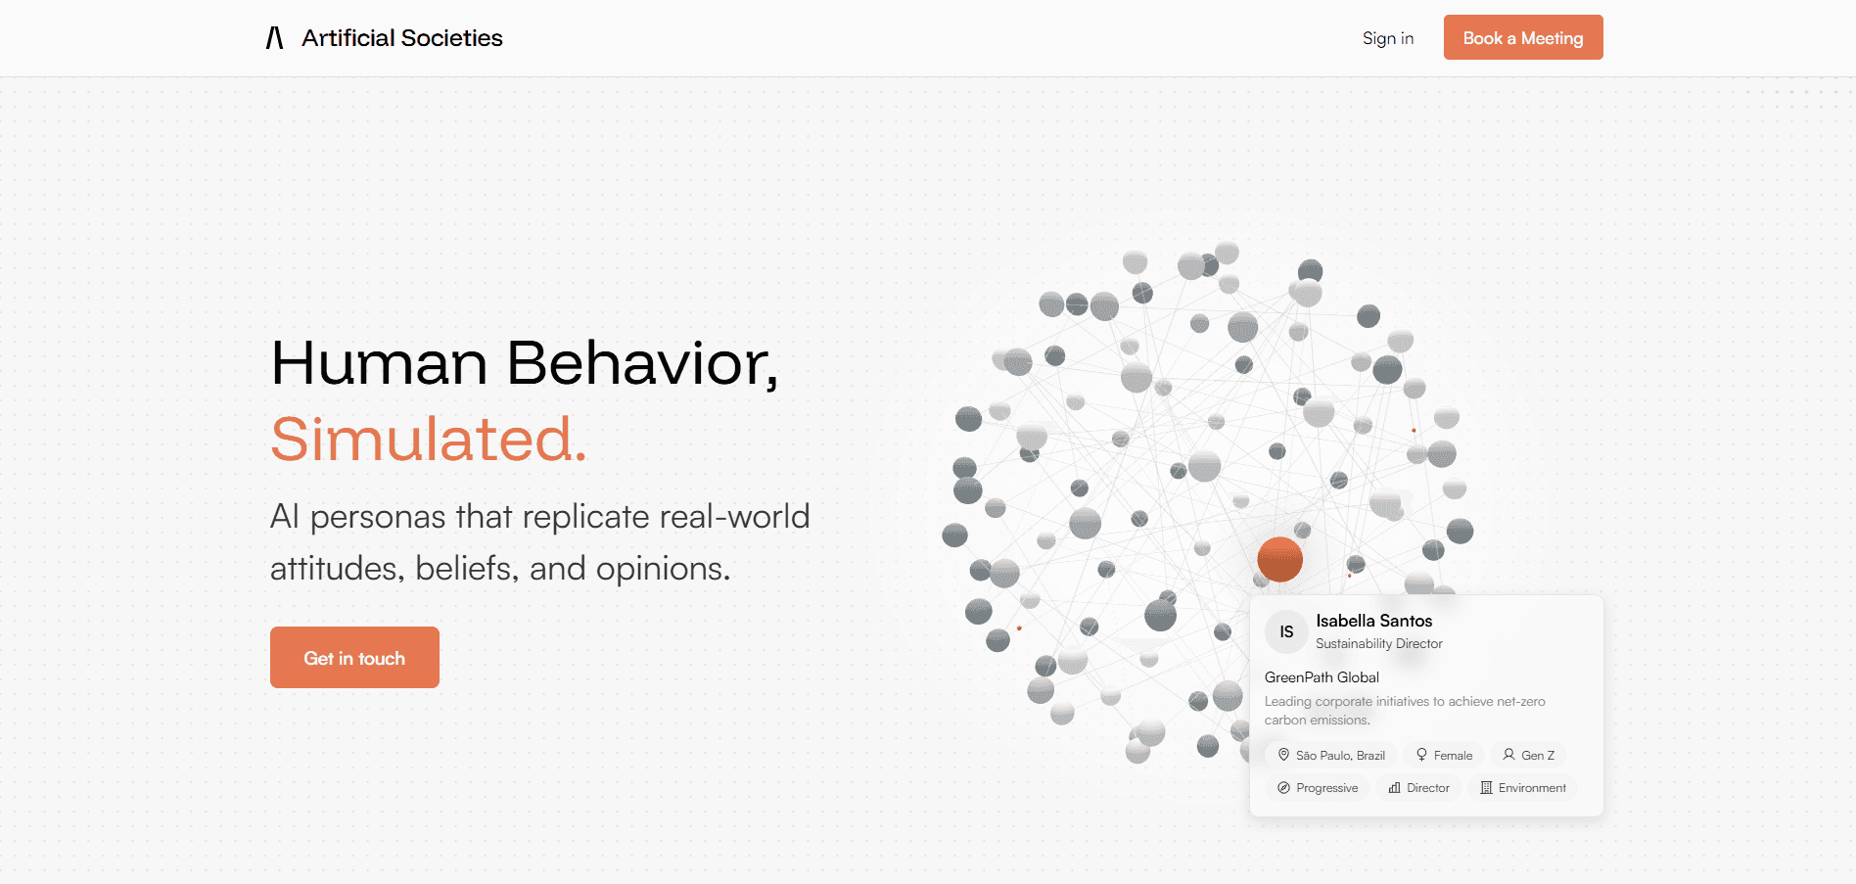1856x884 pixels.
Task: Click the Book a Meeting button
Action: tap(1523, 37)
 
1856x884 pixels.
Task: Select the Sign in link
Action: tap(1388, 38)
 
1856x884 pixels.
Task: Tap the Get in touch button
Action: tap(354, 657)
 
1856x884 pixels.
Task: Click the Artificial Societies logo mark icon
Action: tap(275, 38)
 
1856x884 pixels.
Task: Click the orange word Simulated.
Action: tap(429, 439)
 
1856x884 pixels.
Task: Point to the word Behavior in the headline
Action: tap(642, 363)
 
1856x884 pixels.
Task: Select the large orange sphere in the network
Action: tap(1279, 559)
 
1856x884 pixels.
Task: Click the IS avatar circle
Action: tap(1286, 632)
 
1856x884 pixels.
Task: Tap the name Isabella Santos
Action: tap(1374, 621)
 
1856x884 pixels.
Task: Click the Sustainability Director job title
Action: tap(1379, 643)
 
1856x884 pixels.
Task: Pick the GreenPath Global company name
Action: tap(1322, 677)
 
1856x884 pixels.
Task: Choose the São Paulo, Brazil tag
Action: tap(1331, 755)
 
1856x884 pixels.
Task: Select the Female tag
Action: tap(1444, 755)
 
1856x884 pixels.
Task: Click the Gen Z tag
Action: tap(1528, 755)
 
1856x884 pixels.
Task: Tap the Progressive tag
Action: tap(1318, 788)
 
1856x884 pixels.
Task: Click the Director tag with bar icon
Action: tap(1419, 788)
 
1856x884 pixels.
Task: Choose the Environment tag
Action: tap(1523, 788)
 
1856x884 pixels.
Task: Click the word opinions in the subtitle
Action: tap(663, 569)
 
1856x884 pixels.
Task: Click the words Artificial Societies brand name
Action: tap(402, 38)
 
